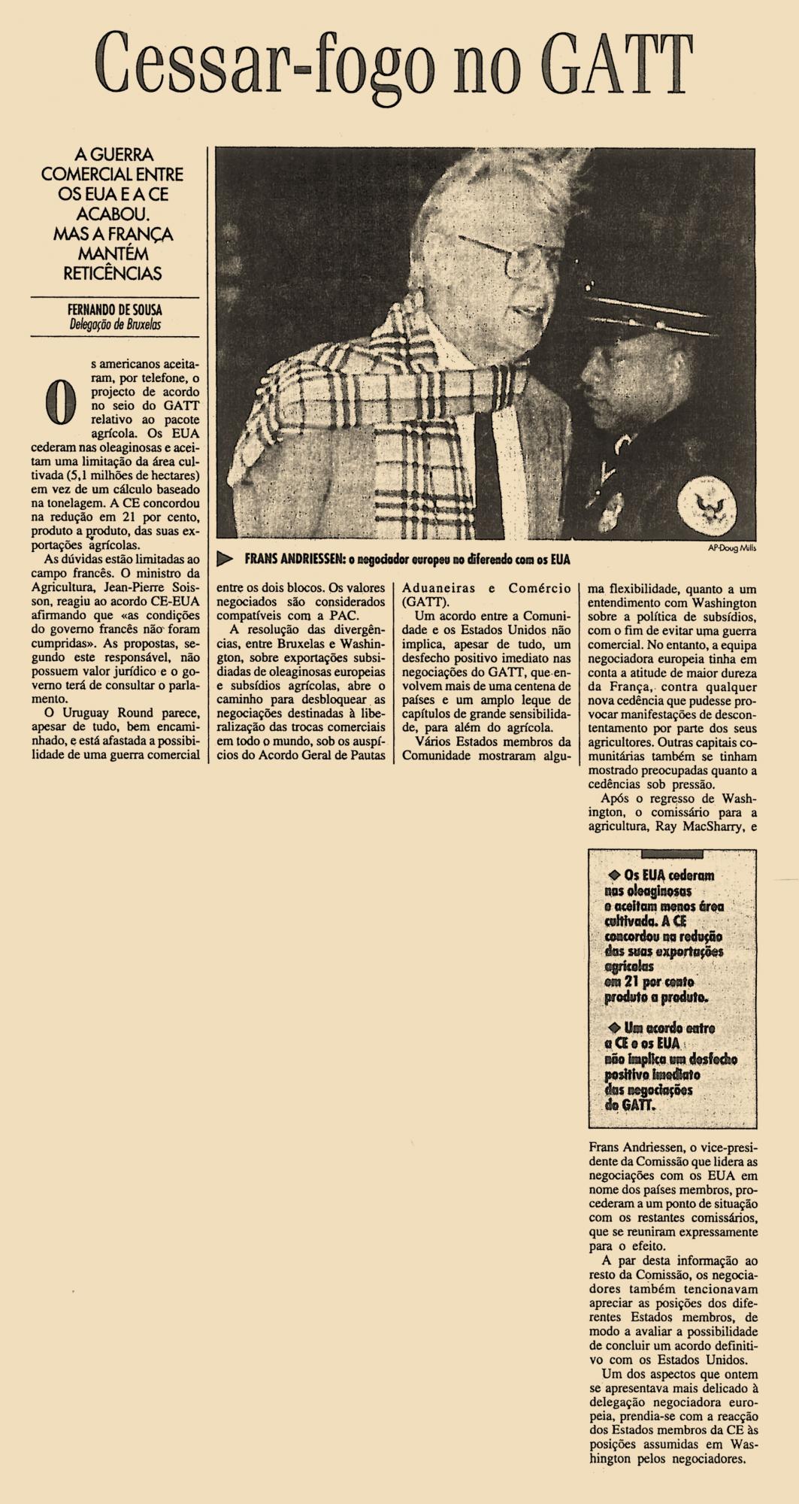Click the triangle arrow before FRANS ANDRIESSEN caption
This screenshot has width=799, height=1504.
(223, 559)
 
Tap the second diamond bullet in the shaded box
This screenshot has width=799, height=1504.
(613, 1027)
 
